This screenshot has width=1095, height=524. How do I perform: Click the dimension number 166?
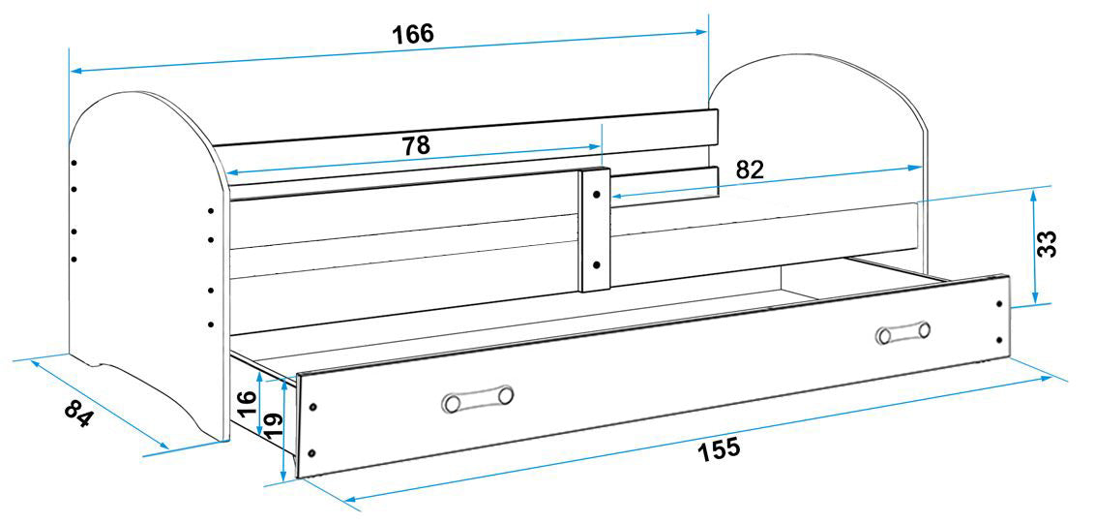pos(412,34)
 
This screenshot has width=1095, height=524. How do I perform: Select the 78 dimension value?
pos(416,145)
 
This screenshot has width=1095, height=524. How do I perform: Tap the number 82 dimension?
pos(750,170)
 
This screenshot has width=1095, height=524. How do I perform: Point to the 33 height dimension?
pos(1047,243)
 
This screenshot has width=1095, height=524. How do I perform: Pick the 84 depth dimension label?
pos(77,415)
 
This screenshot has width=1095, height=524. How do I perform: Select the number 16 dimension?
pos(248,404)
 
